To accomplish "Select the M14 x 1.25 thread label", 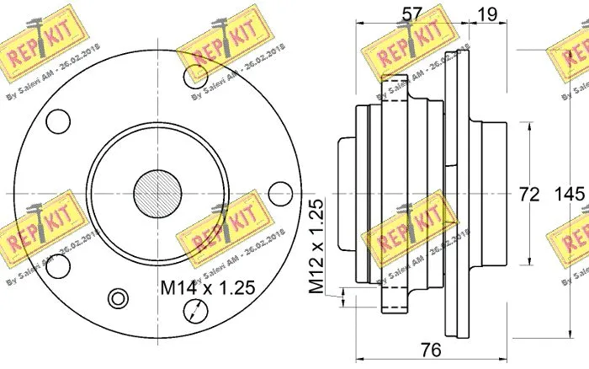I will (x=206, y=288).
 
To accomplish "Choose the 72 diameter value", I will (x=528, y=195).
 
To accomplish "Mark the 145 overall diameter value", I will (x=571, y=195).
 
